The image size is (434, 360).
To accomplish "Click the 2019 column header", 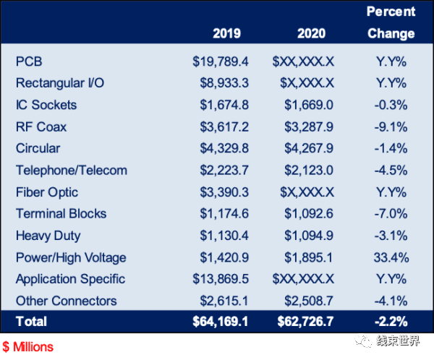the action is tap(226, 33).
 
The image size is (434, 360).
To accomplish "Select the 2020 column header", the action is tap(311, 33).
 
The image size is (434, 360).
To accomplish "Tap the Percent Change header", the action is tap(391, 22).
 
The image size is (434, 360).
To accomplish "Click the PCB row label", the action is tap(29, 61).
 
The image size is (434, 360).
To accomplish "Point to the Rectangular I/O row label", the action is tap(60, 83).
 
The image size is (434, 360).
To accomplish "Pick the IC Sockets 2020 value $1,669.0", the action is tap(309, 105).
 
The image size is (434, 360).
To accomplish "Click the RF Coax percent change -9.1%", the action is tap(391, 127).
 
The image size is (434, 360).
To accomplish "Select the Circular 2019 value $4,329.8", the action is tap(224, 148).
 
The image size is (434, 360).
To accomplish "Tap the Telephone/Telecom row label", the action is tap(72, 170).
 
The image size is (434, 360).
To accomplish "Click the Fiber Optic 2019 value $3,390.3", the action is tap(224, 192).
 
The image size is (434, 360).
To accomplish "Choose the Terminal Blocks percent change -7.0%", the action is tap(391, 214).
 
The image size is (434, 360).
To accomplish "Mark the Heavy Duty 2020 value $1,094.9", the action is tap(309, 236).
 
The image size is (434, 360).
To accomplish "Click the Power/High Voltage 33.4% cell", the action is tap(391, 257).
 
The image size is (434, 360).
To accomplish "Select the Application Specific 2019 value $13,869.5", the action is tap(221, 279).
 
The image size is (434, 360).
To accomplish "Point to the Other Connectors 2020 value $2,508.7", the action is tap(309, 301).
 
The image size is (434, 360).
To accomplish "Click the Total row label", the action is tap(31, 322).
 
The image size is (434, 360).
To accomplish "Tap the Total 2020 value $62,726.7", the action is tap(305, 322).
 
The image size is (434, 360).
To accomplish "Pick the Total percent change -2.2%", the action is tap(391, 322).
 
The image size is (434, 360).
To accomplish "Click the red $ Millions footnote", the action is tap(27, 347).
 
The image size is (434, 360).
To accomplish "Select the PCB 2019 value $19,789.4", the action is tap(221, 61).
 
